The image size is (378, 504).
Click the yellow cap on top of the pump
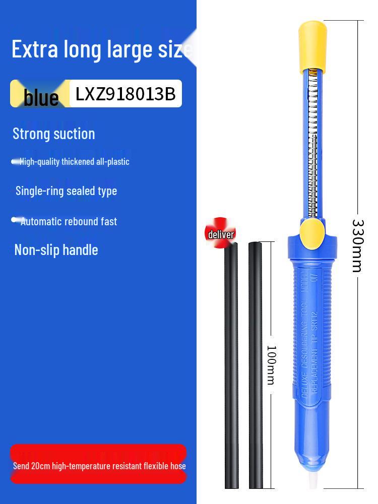(x=312, y=46)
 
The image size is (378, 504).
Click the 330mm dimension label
(x=358, y=246)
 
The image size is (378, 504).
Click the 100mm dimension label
(x=272, y=365)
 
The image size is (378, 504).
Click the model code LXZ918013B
(x=125, y=94)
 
